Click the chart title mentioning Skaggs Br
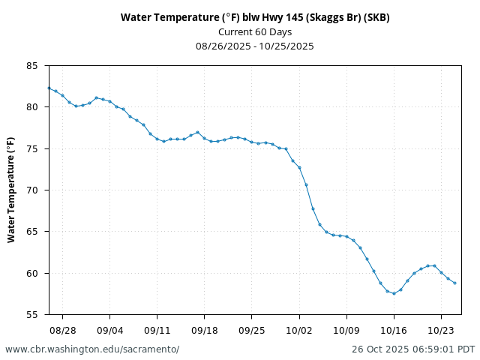(255, 17)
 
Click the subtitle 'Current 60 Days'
(255, 31)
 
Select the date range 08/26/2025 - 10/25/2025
(255, 46)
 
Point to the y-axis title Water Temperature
(11, 190)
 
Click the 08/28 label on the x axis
(62, 330)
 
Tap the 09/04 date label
(109, 330)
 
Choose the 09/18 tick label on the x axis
(205, 330)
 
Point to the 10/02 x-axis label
(299, 330)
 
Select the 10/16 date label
(394, 330)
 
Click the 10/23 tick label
(441, 330)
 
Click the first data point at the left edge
(49, 88)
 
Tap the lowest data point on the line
(394, 293)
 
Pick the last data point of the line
(454, 283)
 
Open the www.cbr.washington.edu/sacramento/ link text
(92, 349)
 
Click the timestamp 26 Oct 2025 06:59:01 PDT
(413, 349)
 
